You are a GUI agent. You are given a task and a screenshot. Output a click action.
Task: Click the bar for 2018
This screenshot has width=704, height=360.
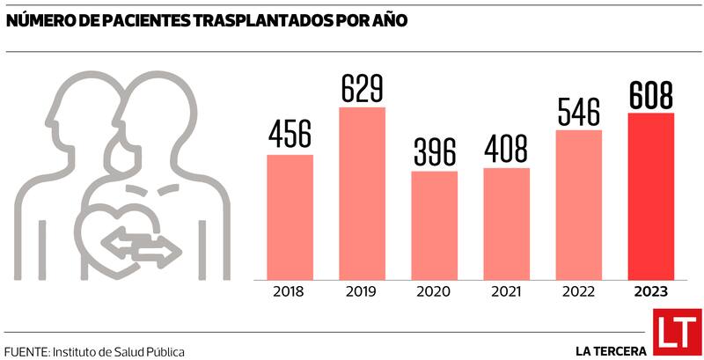(x=290, y=216)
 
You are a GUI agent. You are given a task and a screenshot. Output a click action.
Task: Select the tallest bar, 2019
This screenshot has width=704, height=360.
(x=362, y=192)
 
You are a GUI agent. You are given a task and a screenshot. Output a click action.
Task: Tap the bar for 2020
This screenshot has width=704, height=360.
(x=434, y=224)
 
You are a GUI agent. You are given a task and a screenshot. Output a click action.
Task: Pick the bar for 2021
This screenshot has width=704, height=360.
(x=506, y=222)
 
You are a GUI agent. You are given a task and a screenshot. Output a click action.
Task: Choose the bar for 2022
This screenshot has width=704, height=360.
(x=578, y=203)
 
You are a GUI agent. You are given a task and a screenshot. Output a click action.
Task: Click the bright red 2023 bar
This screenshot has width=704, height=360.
(x=650, y=195)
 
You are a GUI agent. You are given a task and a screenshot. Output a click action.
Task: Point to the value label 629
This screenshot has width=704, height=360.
(x=362, y=89)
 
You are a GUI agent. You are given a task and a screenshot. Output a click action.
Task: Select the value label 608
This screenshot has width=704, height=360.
(x=650, y=95)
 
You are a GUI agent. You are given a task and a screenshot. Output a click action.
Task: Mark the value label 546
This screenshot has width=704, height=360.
(x=578, y=112)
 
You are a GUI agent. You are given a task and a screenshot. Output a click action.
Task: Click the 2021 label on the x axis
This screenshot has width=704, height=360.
(x=506, y=291)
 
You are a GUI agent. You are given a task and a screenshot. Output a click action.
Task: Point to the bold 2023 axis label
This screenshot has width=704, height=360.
(x=650, y=291)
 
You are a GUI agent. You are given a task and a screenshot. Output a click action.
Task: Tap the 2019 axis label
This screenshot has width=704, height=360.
(x=362, y=291)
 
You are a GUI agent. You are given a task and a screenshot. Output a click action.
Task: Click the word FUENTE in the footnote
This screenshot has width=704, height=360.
(x=26, y=351)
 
